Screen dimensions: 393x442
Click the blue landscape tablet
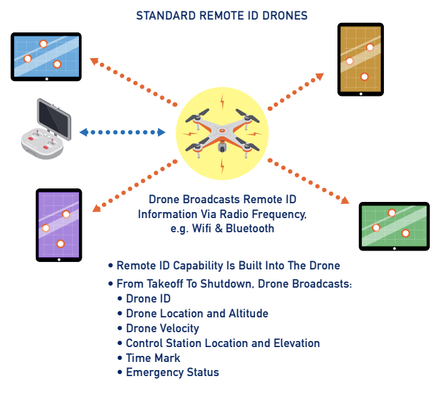(46, 57)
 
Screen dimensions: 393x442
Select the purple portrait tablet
(59, 224)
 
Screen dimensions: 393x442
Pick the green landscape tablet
(394, 226)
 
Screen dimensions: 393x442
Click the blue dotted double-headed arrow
(122, 132)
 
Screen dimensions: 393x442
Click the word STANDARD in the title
(166, 15)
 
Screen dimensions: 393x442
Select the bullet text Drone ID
(148, 298)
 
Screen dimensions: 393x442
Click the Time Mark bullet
(153, 358)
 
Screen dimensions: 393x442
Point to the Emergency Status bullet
(172, 372)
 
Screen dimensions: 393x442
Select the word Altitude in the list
(248, 313)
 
